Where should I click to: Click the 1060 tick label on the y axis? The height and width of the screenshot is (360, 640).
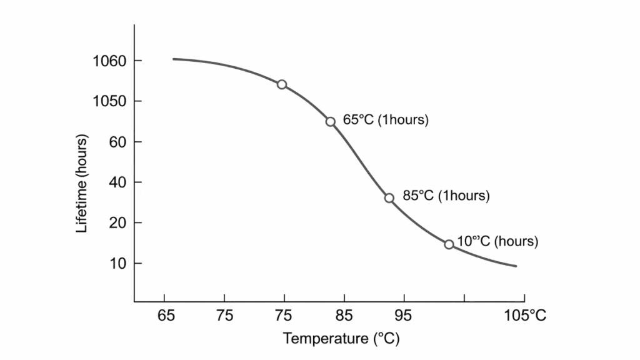[x=109, y=61]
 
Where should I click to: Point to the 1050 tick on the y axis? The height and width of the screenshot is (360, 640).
[x=109, y=101]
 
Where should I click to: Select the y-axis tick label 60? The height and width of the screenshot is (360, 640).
[x=118, y=142]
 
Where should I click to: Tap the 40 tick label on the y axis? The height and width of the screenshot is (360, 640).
[x=118, y=182]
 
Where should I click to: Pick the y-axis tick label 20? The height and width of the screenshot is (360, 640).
[x=118, y=223]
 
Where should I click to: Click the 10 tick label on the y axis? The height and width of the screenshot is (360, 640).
[x=118, y=264]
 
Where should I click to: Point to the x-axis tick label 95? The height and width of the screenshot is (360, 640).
[x=404, y=316]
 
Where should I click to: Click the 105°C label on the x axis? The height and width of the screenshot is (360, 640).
[x=525, y=316]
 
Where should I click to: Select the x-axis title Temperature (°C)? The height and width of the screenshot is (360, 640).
[x=341, y=339]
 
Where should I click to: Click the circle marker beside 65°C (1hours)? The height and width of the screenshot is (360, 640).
[x=331, y=121]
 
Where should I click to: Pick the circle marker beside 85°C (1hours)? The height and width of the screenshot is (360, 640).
[x=389, y=197]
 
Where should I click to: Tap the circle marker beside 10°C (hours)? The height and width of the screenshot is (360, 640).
[x=449, y=244]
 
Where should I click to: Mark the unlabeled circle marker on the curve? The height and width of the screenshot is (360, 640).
[x=282, y=84]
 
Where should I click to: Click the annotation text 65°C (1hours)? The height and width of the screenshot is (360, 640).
[x=386, y=120]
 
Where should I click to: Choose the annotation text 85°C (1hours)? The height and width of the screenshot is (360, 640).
[x=446, y=196]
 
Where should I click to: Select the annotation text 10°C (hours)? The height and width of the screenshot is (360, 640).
[x=497, y=241]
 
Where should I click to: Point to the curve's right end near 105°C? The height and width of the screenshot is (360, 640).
[x=516, y=266]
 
